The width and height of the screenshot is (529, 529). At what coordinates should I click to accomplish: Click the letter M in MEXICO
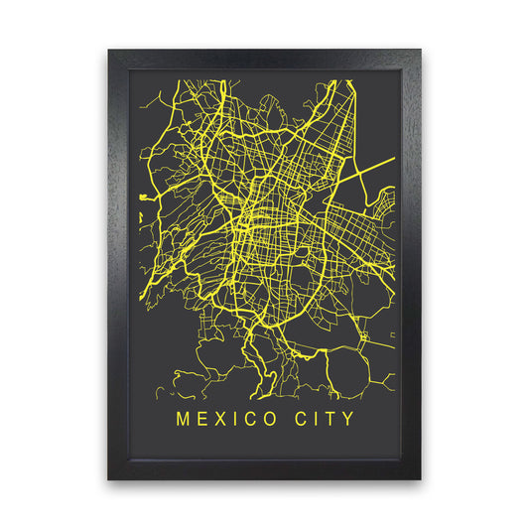coord(183,419)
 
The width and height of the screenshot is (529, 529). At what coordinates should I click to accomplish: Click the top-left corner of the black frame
coord(109,50)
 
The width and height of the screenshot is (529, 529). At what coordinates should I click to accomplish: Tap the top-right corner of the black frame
coord(420,50)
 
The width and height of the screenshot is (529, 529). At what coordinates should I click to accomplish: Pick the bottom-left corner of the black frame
coord(109,479)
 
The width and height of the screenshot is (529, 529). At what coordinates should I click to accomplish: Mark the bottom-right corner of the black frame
coord(420,479)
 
